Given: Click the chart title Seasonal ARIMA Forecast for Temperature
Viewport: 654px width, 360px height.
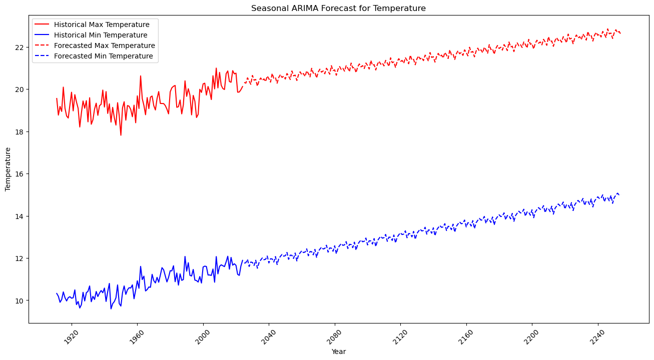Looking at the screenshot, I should pyautogui.click(x=338, y=8).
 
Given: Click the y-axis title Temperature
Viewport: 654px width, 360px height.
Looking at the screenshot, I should pyautogui.click(x=8, y=169).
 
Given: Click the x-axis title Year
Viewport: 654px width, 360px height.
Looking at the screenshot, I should pyautogui.click(x=338, y=351).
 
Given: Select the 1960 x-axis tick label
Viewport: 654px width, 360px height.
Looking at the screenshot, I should pyautogui.click(x=137, y=335).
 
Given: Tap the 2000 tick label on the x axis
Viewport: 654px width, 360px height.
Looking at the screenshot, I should pyautogui.click(x=203, y=335).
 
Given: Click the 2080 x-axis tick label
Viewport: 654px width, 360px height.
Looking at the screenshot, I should pyautogui.click(x=334, y=335).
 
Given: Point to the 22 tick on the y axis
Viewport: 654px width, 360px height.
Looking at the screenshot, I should pyautogui.click(x=20, y=47).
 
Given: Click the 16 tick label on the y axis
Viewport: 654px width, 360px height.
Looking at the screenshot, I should pyautogui.click(x=20, y=174).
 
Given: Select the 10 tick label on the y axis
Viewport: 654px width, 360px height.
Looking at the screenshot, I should pyautogui.click(x=20, y=300).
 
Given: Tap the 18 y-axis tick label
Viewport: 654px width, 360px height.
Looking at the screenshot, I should pyautogui.click(x=20, y=131).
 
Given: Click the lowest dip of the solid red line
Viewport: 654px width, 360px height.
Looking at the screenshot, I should pyautogui.click(x=121, y=135).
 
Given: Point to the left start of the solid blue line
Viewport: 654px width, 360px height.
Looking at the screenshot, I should pyautogui.click(x=57, y=293).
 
